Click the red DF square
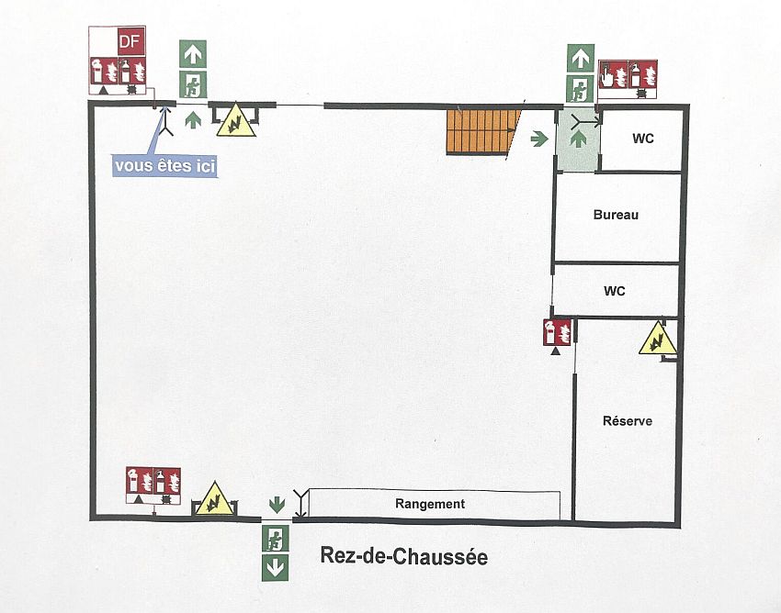(131, 41)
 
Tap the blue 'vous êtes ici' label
(164, 166)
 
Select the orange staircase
(483, 131)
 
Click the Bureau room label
(616, 215)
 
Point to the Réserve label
(627, 421)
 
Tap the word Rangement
(430, 504)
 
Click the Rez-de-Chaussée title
(404, 556)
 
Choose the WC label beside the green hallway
(642, 139)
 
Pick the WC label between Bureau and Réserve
(614, 291)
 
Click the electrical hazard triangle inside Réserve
(658, 339)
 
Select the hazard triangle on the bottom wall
(214, 498)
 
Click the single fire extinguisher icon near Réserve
(557, 332)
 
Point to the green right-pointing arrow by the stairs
(539, 139)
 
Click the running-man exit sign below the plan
(276, 538)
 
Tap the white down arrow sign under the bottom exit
(276, 568)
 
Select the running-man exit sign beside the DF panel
(193, 84)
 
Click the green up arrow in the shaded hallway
(578, 139)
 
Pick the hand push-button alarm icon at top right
(612, 74)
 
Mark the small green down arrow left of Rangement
(277, 505)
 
